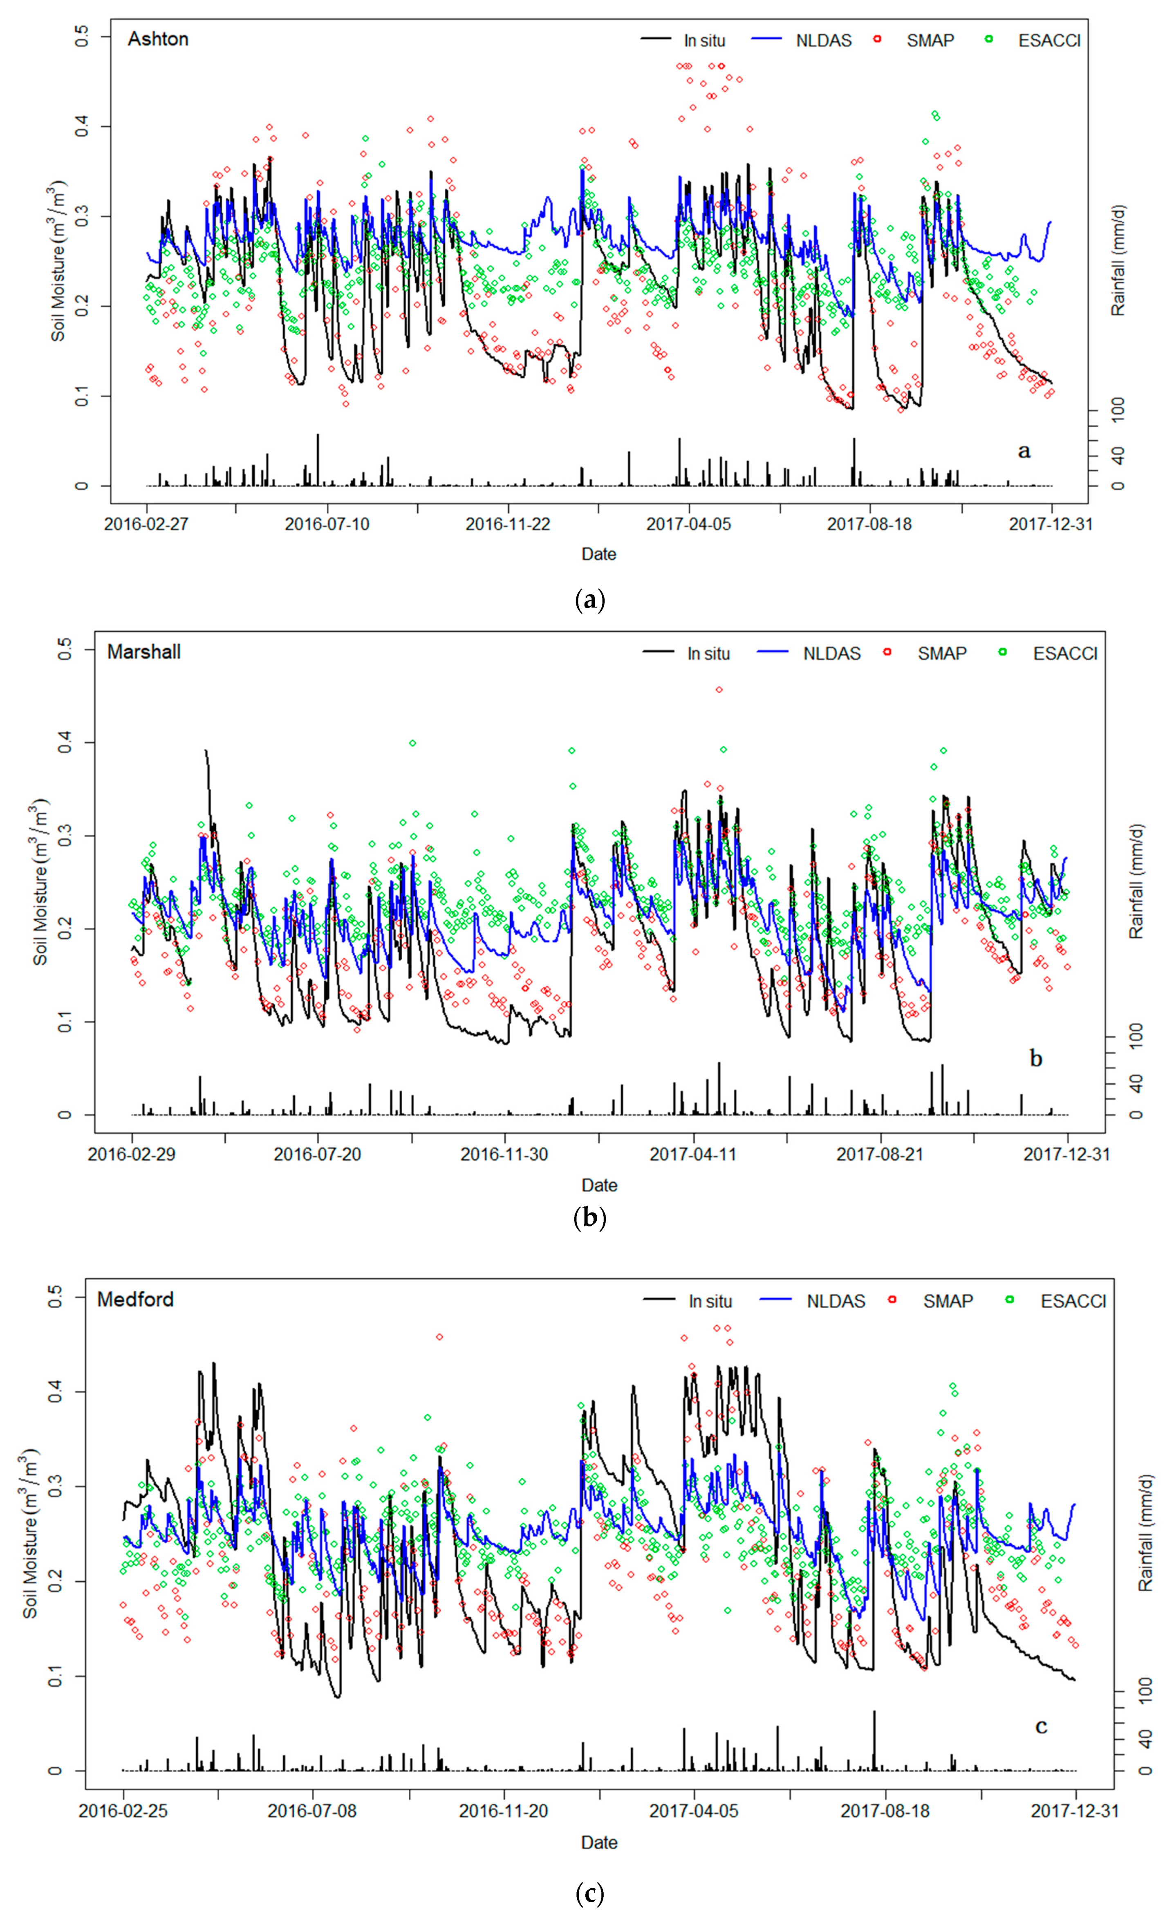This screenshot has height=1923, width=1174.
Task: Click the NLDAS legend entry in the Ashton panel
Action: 823,40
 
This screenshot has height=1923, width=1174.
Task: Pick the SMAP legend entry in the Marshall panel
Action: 941,653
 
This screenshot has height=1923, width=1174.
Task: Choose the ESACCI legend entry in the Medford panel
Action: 1073,1301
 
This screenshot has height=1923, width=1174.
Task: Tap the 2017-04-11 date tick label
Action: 692,1154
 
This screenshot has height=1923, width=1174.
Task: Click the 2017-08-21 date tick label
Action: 880,1154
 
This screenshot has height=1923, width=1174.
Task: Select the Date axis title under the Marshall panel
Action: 599,1185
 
